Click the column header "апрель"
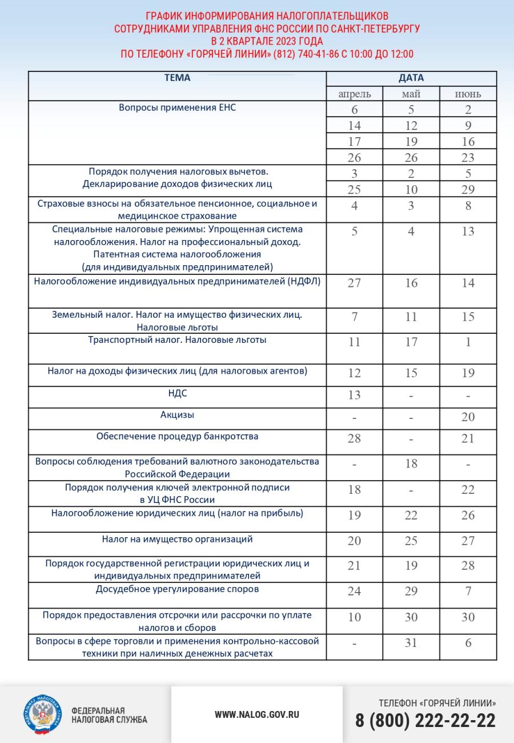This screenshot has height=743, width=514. coord(354,94)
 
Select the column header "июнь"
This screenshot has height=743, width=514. coord(468,94)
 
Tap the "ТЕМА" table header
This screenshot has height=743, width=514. coord(178,78)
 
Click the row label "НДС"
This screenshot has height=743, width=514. coord(178,394)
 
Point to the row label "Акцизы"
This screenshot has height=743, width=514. coord(178,415)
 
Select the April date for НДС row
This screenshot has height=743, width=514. coord(354,396)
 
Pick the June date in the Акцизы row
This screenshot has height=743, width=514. coord(468,417)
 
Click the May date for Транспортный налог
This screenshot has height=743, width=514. coord(411,342)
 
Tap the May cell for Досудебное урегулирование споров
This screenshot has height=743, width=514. coord(411,592)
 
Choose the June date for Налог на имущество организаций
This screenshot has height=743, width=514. coord(468,541)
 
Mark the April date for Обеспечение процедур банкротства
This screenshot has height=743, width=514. coord(354,438)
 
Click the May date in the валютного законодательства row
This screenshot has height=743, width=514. coord(411,464)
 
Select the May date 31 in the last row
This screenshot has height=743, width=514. coord(411,643)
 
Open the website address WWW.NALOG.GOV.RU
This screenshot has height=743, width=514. coord(257,714)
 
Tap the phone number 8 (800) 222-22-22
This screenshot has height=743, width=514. coord(425,721)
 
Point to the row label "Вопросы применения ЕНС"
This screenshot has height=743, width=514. coord(178,107)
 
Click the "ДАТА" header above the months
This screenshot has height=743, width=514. coord(411,78)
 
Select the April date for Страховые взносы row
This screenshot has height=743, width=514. coord(354,206)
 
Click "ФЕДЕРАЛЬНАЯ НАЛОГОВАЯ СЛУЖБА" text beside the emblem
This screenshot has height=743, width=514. coord(109,715)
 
